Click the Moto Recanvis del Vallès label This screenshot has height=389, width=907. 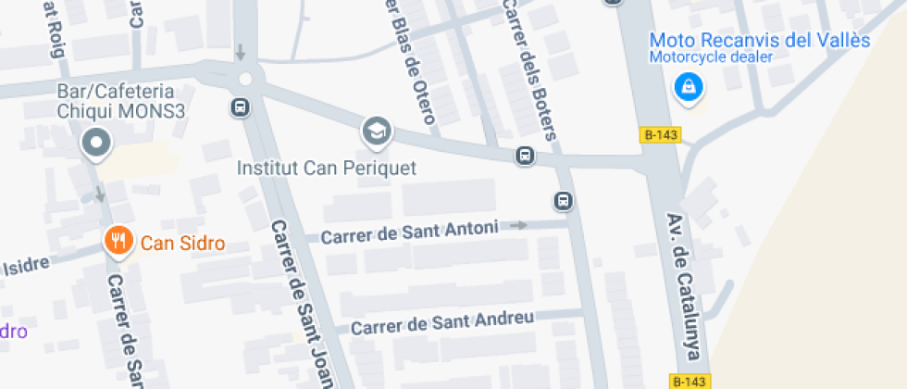click(x=760, y=41)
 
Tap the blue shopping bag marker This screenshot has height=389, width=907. click(x=689, y=88)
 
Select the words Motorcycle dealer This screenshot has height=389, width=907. click(x=710, y=57)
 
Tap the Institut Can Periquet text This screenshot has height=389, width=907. click(x=327, y=169)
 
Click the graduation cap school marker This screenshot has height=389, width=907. click(x=376, y=132)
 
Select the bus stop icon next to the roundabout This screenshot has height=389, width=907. click(x=240, y=107)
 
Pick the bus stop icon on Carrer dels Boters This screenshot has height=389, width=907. click(x=563, y=200)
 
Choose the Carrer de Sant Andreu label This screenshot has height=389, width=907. click(x=442, y=323)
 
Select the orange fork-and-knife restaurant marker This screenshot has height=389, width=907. click(x=117, y=243)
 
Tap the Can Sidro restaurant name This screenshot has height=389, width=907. click(x=182, y=244)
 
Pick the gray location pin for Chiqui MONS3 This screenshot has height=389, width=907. click(x=96, y=144)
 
